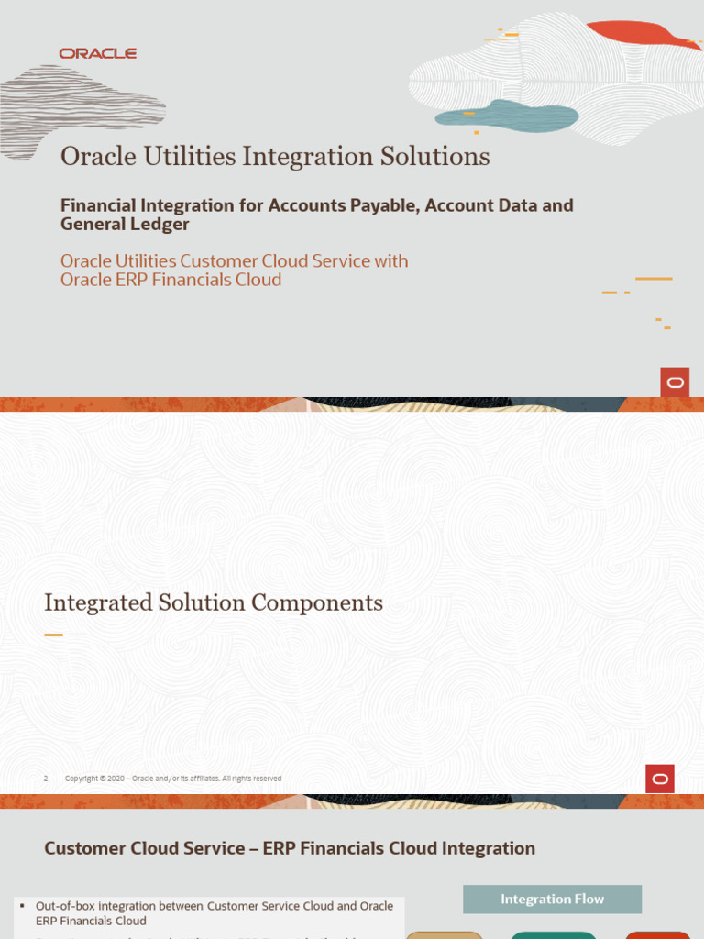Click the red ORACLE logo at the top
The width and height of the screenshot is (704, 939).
98,54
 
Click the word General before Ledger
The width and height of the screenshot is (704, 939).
93,225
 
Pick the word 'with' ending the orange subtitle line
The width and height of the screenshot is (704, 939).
391,261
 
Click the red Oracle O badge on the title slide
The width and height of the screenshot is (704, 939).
675,382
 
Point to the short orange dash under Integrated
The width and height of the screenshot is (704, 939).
53,635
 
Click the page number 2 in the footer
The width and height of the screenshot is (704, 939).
46,779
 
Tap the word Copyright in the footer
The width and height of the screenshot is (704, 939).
81,779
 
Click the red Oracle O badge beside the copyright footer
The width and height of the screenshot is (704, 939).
660,779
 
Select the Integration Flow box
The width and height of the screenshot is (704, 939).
552,900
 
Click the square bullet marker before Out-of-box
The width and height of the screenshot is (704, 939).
21,906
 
